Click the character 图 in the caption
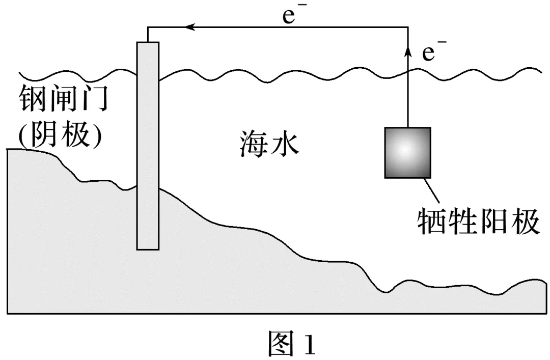point(281,344)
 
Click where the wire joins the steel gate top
point(148,41)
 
